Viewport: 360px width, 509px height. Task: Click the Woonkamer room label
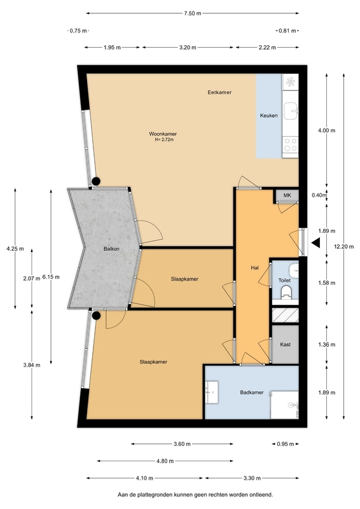163,134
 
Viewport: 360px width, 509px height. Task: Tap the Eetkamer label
219,92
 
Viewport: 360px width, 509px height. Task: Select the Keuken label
269,115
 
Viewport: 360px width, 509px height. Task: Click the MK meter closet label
287,195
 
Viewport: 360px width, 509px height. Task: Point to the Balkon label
111,249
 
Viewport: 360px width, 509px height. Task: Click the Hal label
255,268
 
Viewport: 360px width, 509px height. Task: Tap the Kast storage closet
286,344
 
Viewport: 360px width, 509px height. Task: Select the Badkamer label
252,393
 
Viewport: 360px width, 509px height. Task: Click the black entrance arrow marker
315,243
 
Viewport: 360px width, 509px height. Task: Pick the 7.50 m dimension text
193,13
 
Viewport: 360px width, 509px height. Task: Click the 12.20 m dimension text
343,246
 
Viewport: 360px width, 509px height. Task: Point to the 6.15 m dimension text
51,277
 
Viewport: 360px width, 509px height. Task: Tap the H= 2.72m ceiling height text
164,140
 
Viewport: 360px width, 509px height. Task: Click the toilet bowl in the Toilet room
286,291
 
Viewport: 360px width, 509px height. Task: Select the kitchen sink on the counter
291,111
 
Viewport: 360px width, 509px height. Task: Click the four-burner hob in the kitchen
291,145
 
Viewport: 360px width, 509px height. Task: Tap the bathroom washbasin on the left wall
211,392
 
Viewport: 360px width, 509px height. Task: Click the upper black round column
96,181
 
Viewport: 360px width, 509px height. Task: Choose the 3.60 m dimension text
182,443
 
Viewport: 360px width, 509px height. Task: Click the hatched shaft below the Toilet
286,315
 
